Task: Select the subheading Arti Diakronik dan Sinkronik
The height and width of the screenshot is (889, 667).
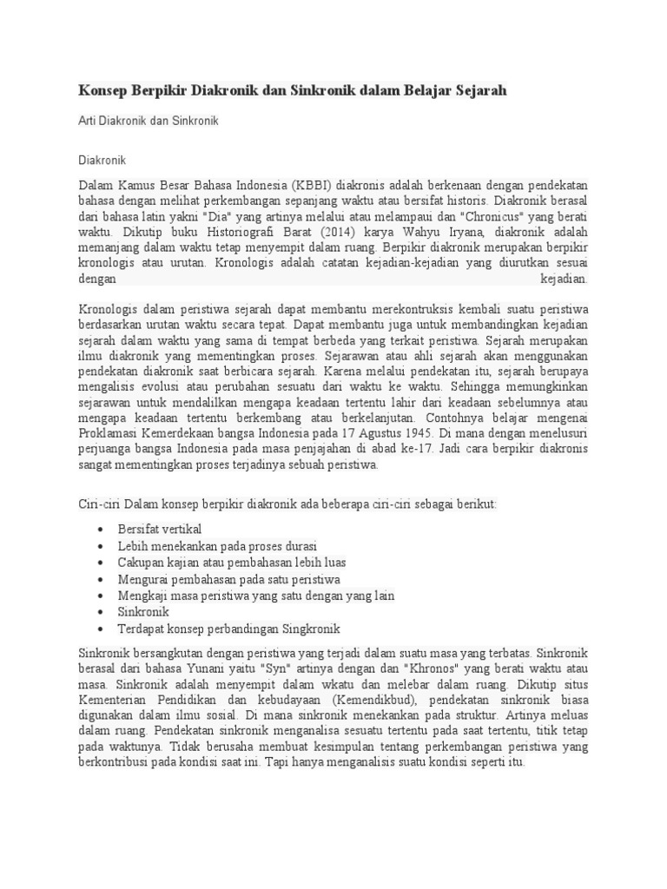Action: click(x=149, y=121)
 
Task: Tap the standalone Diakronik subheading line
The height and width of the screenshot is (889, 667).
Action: click(x=103, y=161)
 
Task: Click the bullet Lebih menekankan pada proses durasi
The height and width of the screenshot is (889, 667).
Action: click(x=217, y=546)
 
